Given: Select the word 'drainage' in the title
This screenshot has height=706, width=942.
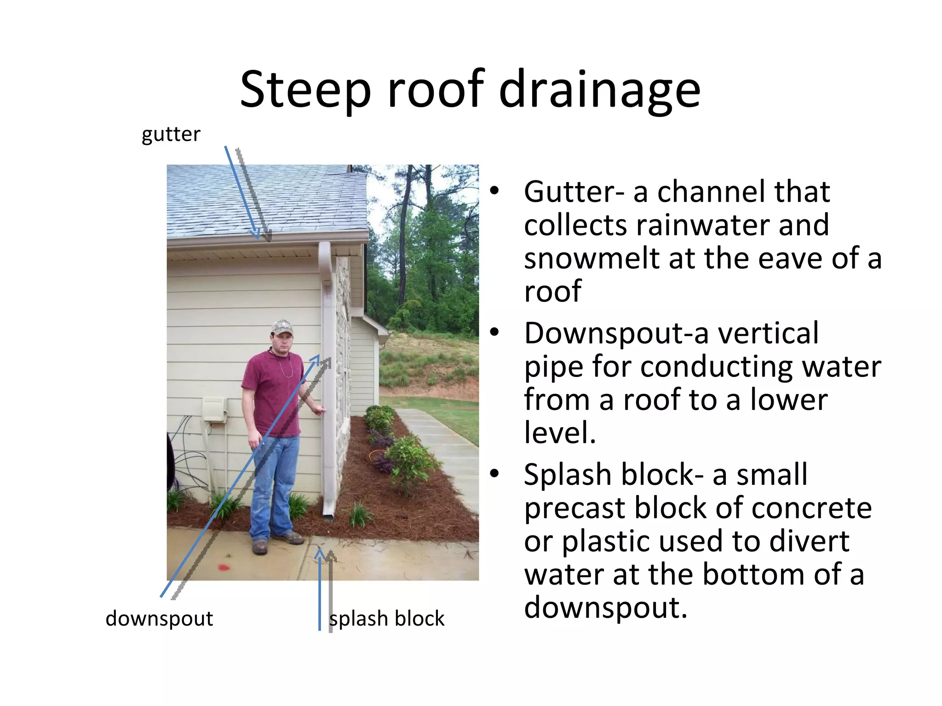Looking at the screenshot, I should [600, 91].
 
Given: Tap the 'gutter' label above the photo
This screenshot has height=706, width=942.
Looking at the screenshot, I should [171, 134].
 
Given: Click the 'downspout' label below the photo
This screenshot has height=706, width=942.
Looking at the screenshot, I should [159, 619].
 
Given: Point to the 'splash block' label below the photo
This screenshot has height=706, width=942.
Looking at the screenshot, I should [387, 619].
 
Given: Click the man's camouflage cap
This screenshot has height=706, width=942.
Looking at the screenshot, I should [282, 327].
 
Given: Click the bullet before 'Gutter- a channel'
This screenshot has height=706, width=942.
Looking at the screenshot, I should [494, 191].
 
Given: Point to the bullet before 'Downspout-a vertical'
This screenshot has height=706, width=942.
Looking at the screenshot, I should [494, 333].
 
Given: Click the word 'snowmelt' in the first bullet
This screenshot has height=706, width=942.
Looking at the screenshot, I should [592, 258].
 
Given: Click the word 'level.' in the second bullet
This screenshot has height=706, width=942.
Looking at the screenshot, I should [560, 433].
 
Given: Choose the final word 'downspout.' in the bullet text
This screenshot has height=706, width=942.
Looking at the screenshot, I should [606, 607].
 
